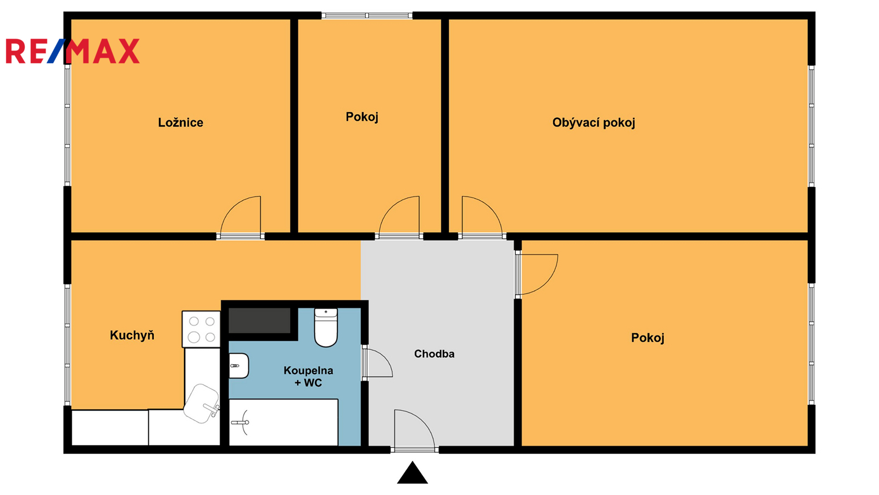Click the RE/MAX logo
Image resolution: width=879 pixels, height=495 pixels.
pos(73,51)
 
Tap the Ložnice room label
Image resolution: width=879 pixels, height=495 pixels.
pos(181,123)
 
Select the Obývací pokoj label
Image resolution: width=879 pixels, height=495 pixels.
pos(594,123)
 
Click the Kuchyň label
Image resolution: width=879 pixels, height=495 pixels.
pos(132,335)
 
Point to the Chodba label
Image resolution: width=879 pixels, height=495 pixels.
pos(435,354)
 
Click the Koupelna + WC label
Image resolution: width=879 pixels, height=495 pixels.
pos(308,376)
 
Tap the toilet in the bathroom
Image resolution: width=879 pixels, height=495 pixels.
pos(326,328)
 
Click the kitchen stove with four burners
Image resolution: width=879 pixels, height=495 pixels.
pos(201,329)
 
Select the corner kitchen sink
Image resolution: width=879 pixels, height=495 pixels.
pos(202,404)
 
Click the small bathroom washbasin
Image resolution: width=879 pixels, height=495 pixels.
pos(238,366)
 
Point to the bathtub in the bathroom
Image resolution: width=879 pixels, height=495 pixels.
pos(283,422)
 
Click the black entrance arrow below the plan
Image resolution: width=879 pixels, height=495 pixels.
pos(413,472)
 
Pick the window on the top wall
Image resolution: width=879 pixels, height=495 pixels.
pos(367,16)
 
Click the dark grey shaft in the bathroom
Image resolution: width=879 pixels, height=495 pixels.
pos(259,321)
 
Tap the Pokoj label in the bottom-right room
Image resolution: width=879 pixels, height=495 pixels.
pos(648,338)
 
